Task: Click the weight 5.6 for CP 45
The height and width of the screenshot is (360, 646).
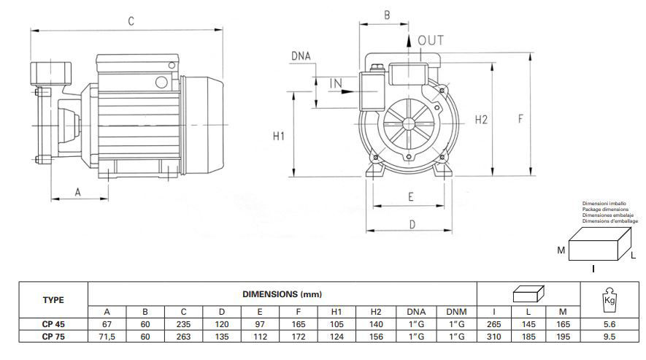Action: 610,325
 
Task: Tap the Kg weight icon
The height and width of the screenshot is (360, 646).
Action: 610,299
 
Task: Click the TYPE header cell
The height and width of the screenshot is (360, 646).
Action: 53,299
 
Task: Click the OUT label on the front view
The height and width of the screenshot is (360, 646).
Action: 431,41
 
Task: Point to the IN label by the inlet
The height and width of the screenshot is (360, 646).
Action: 336,84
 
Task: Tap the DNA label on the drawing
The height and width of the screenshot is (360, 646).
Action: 301,56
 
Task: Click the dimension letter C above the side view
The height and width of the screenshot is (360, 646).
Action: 131,21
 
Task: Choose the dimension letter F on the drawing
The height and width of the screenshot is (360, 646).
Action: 521,120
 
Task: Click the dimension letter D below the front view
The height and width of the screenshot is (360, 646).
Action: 412,224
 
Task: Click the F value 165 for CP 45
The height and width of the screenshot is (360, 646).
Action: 299,325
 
